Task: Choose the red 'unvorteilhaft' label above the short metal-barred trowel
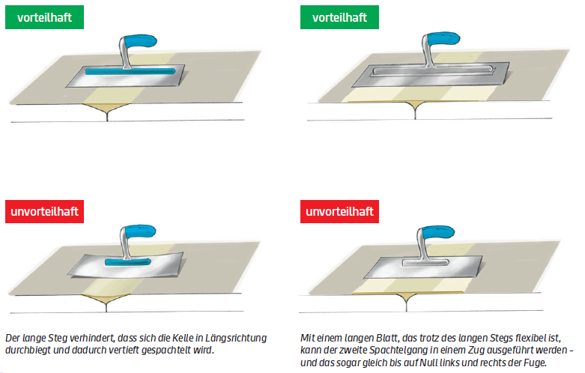[x=339, y=211]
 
